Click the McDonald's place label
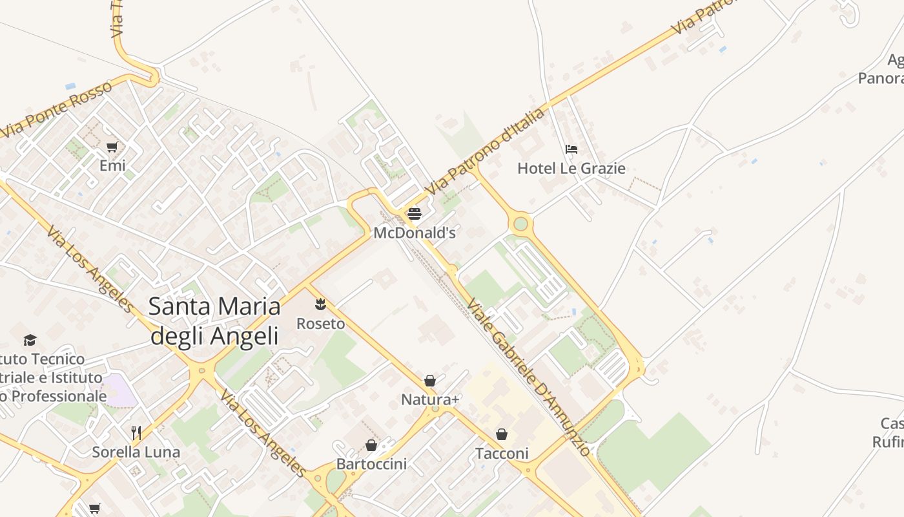click(415, 233)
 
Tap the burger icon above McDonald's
click(415, 214)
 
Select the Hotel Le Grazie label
click(571, 169)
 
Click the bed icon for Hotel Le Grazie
click(571, 149)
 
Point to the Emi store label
click(112, 166)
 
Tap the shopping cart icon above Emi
click(112, 147)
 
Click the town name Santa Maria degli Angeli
click(214, 321)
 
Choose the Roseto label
click(320, 323)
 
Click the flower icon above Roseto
click(320, 304)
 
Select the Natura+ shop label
click(430, 400)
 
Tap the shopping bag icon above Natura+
click(430, 381)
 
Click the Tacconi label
click(502, 454)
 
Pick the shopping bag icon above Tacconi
click(502, 434)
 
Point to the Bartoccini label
click(371, 464)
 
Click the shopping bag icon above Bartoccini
click(371, 445)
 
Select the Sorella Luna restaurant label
click(136, 452)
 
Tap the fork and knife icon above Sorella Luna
click(136, 432)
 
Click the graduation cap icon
click(30, 340)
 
